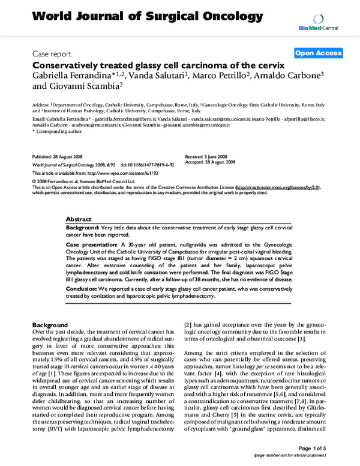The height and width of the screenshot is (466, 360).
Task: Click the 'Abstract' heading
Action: pos(78,220)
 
